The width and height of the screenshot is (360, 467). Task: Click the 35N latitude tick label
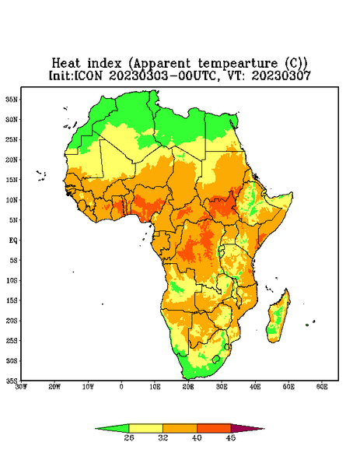click(x=12, y=99)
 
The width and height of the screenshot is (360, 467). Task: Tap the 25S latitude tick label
click(x=12, y=340)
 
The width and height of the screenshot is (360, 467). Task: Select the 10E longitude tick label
click(x=155, y=387)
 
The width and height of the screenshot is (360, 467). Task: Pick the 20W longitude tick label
click(x=54, y=387)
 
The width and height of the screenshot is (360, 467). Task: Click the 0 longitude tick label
click(x=121, y=387)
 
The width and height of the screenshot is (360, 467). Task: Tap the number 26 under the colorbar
click(x=129, y=437)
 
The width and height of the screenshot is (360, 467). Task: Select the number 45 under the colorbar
click(x=231, y=437)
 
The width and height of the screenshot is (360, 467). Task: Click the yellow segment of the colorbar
click(x=145, y=428)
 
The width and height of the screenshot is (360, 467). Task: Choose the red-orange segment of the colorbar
click(x=214, y=428)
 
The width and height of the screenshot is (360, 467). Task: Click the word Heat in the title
click(x=66, y=63)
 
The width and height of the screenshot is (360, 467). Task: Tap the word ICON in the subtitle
click(x=89, y=75)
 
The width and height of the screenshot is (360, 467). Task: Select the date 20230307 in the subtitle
click(x=281, y=75)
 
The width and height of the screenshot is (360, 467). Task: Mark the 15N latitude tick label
click(x=12, y=180)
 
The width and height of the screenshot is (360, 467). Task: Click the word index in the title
click(x=104, y=63)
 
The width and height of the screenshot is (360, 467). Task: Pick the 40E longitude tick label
click(x=255, y=387)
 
